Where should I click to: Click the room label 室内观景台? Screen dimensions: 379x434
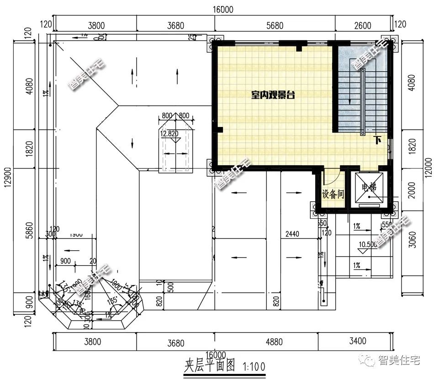pyautogui.click(x=273, y=95)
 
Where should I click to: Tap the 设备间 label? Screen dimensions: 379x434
pyautogui.click(x=333, y=195)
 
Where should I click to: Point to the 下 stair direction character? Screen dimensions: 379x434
pyautogui.click(x=377, y=140)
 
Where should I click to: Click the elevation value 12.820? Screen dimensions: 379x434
pyautogui.click(x=169, y=134)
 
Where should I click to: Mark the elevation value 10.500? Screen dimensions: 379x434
pyautogui.click(x=368, y=245)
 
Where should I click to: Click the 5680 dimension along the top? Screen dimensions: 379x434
pyautogui.click(x=274, y=26)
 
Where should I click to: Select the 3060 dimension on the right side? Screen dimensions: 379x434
pyautogui.click(x=413, y=239)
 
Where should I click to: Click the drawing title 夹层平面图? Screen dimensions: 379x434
pyautogui.click(x=209, y=366)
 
